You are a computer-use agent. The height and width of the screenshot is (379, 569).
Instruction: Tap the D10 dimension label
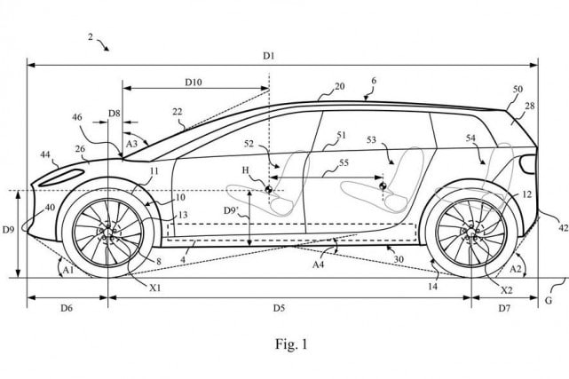click(194, 82)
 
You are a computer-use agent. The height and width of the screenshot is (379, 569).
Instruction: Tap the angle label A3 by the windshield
click(131, 142)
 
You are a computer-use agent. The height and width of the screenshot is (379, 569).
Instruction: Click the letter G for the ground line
click(548, 301)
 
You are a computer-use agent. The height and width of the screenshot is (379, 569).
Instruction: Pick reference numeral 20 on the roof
click(339, 87)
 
